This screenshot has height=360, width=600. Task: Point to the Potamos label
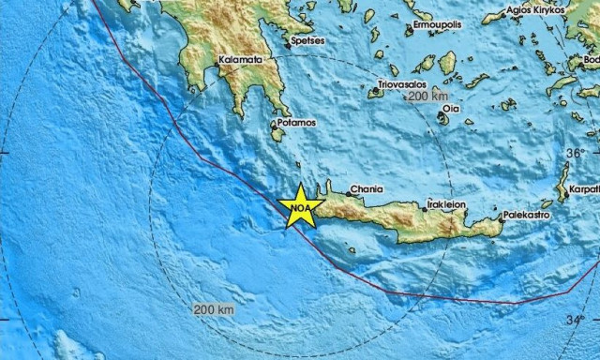(295, 123)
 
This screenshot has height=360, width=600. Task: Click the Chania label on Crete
(366, 188)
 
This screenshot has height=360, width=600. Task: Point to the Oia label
(451, 109)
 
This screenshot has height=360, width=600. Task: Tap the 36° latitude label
(574, 152)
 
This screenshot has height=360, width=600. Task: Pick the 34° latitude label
(575, 321)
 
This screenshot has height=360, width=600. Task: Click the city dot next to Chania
(347, 194)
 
